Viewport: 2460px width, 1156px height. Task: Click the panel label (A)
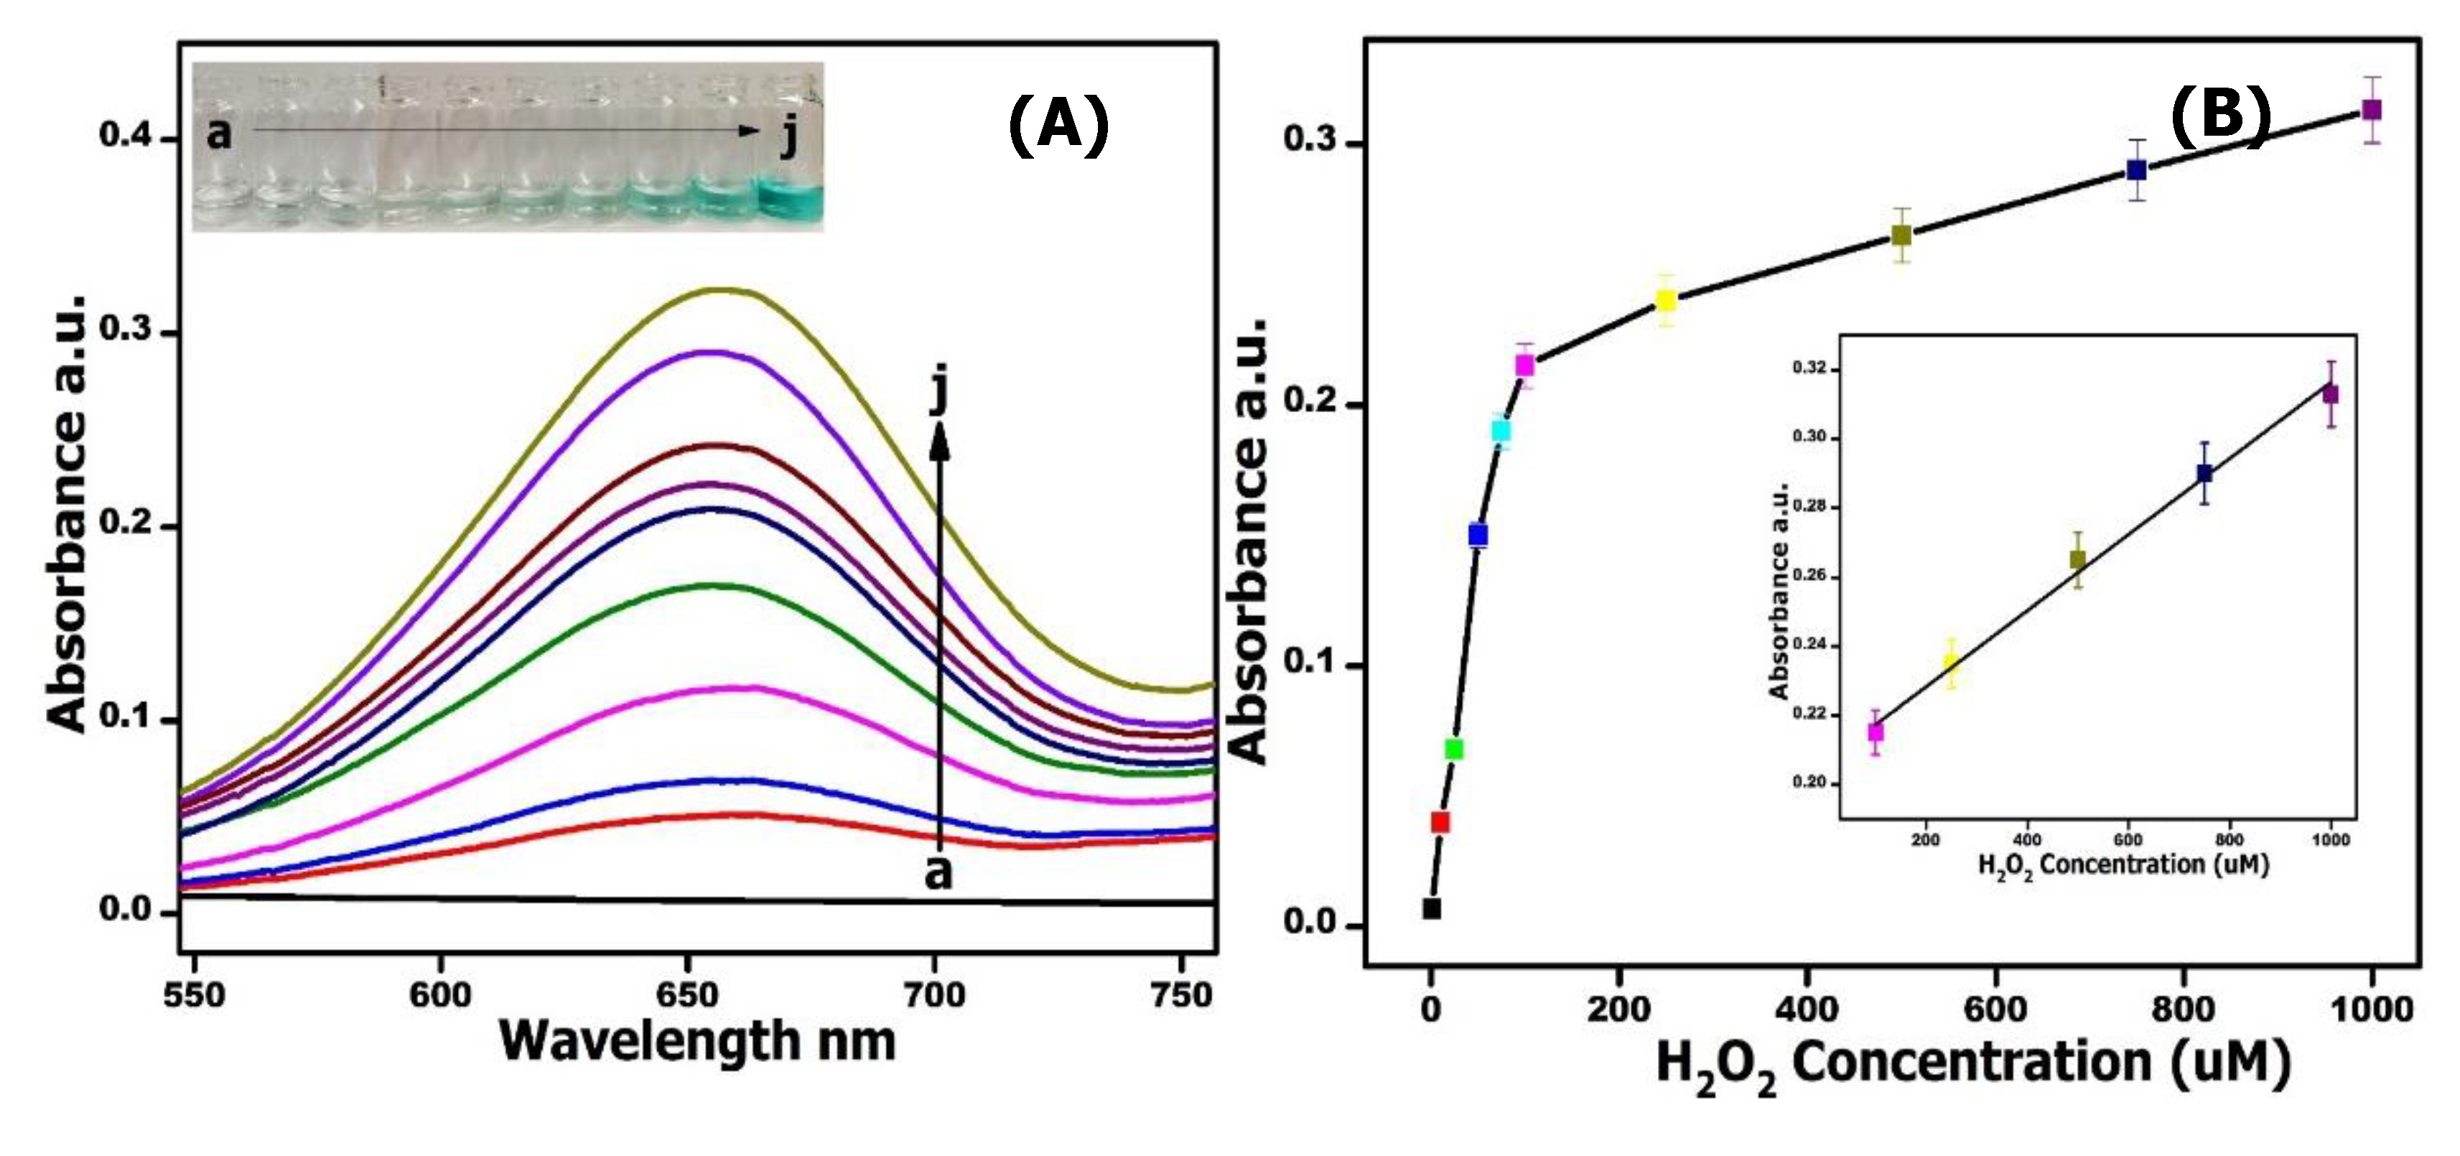point(1058,125)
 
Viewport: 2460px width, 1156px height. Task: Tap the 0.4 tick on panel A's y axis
point(125,136)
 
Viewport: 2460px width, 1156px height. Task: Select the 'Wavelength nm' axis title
point(697,1040)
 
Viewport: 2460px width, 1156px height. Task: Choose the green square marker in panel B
point(1453,750)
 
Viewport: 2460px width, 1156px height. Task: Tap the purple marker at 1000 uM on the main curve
point(2371,110)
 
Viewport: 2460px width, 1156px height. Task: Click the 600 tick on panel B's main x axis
point(1995,1009)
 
